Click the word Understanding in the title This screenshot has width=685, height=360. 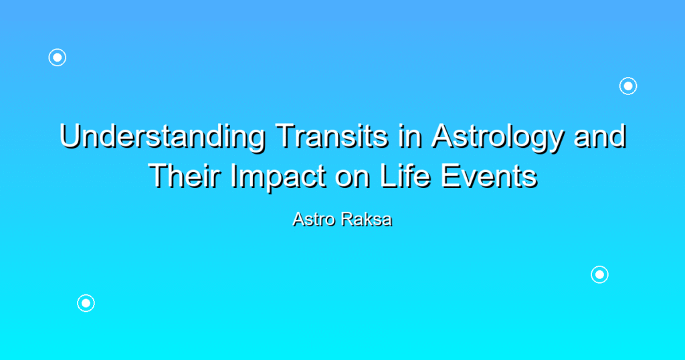click(163, 137)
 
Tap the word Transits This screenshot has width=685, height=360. click(332, 136)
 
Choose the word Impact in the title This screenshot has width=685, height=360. click(278, 177)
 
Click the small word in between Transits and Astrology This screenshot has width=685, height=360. click(410, 136)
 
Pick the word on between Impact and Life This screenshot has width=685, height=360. click(353, 179)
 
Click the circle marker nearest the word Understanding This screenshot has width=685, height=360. click(58, 58)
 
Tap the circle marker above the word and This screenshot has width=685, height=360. click(628, 86)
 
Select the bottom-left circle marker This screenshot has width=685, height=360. click(86, 303)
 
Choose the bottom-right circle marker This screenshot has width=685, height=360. click(600, 275)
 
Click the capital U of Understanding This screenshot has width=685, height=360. click(71, 137)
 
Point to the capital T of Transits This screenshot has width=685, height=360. click(286, 136)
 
